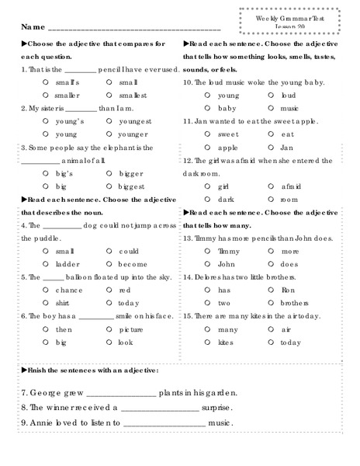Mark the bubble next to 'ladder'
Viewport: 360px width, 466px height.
pyautogui.click(x=48, y=263)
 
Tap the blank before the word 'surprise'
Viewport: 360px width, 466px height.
pyautogui.click(x=160, y=409)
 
